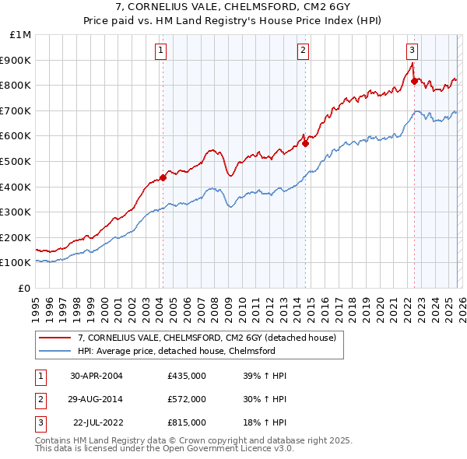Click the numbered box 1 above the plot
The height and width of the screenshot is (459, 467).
point(160,51)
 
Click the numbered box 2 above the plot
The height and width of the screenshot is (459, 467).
point(303,51)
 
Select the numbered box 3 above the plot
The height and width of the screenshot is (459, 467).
point(412,51)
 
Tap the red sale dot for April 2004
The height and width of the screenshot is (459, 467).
point(163,177)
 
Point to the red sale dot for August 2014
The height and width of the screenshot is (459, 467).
point(306,143)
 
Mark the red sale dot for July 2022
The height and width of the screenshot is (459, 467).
point(414,81)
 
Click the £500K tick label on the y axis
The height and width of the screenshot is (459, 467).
point(16,161)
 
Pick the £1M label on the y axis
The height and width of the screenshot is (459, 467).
point(19,34)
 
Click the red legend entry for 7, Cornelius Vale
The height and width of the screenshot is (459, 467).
point(206,338)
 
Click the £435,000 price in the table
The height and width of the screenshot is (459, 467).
point(186,376)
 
